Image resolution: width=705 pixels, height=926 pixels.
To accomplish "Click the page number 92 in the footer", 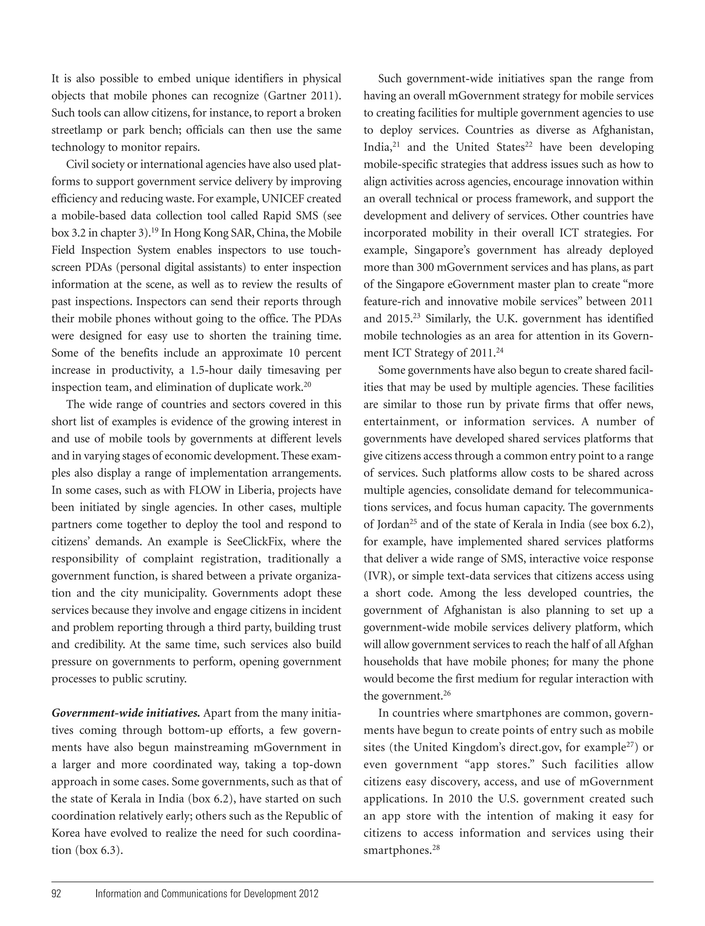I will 56,893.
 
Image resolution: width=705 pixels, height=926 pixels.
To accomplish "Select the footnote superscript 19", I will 154,230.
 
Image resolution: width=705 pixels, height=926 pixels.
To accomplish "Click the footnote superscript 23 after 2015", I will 416,316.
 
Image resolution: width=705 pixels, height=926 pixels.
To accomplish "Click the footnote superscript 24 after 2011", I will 499,350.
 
